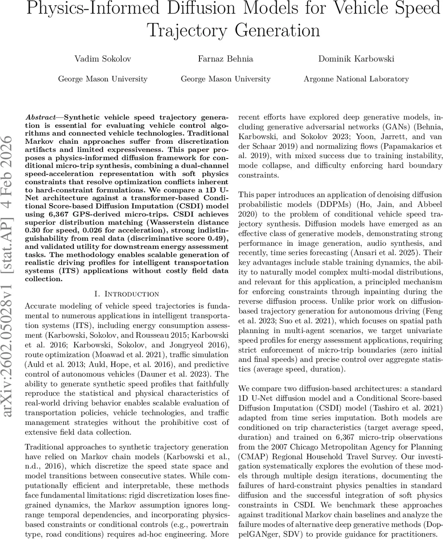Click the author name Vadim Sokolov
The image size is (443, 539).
[102, 59]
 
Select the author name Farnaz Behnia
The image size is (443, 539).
[226, 59]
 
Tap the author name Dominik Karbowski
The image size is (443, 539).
[356, 59]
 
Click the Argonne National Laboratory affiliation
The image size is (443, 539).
[356, 79]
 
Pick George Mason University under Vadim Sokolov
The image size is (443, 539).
[102, 79]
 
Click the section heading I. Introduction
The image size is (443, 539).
[127, 294]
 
